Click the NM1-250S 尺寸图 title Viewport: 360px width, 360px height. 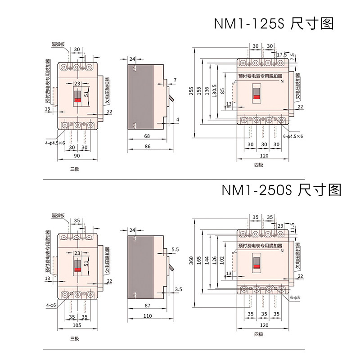point(281,189)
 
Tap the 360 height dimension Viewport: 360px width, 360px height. point(192,261)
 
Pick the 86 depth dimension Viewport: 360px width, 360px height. point(148,147)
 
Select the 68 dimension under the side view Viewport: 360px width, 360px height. point(147,136)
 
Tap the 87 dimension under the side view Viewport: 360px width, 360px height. point(148,306)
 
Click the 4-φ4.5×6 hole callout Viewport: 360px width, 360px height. point(55,143)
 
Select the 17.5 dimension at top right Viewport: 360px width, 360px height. point(282,55)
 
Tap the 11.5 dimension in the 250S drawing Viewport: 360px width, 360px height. point(293,225)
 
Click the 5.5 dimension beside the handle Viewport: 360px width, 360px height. point(175,249)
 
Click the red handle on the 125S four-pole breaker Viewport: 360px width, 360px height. point(256,96)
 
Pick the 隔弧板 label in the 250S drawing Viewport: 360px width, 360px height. point(58,216)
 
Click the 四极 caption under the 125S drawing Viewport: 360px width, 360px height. point(258,165)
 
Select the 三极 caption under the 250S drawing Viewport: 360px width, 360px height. point(74,338)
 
